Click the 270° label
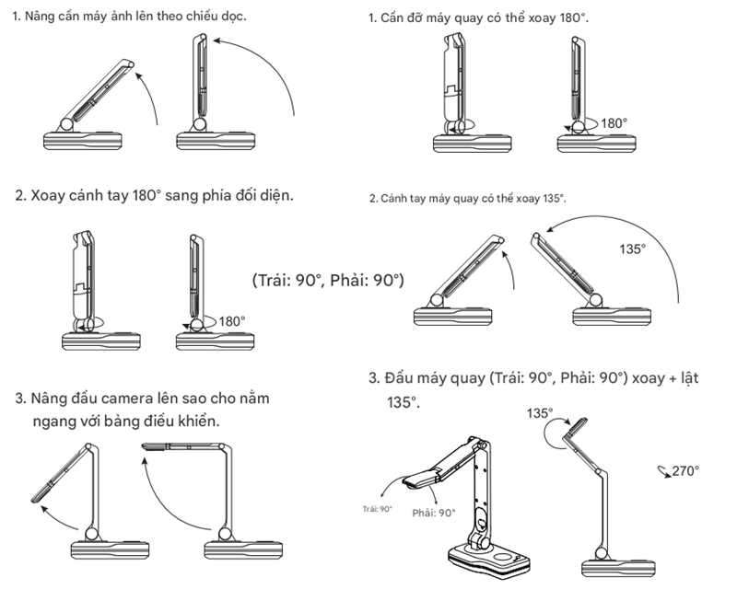click(685, 470)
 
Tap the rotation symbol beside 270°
click(663, 470)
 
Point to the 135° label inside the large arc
click(633, 248)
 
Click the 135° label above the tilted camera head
click(541, 413)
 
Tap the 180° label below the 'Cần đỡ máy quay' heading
click(614, 122)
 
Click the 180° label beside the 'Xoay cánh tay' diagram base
click(232, 321)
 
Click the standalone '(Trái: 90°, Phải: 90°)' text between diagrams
click(328, 280)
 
